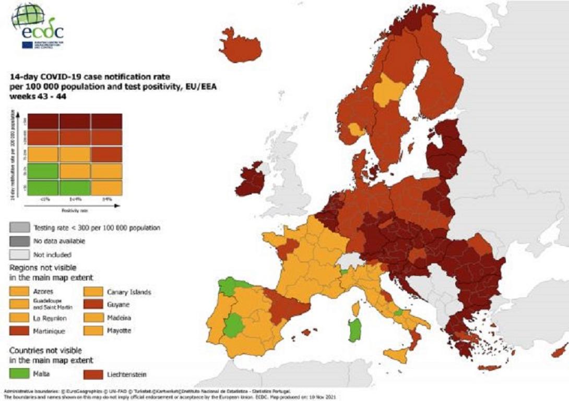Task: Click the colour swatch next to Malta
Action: tap(19, 373)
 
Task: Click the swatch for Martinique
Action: tap(19, 331)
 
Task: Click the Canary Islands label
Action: tap(129, 292)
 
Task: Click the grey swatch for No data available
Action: tap(19, 241)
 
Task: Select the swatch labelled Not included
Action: tap(19, 254)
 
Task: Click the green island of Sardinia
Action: tap(355, 329)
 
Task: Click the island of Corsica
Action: tap(357, 310)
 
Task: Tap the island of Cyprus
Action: tap(560, 350)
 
